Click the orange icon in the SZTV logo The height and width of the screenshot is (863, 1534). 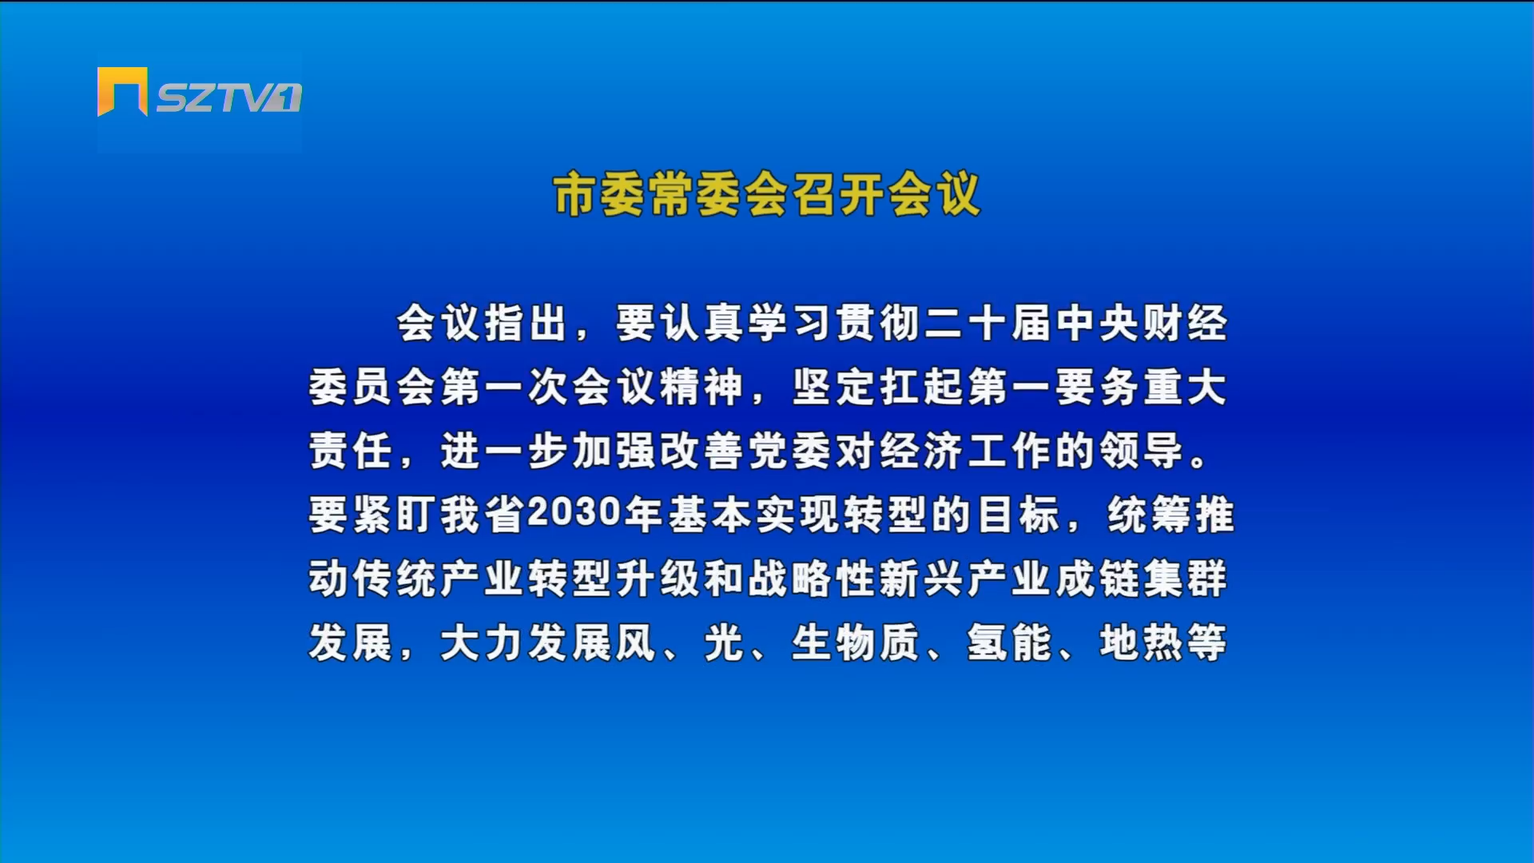122,91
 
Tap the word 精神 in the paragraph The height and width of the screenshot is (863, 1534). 701,387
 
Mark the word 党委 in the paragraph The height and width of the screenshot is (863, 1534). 789,451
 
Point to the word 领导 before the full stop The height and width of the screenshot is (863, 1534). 1141,451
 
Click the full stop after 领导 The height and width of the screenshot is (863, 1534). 1198,462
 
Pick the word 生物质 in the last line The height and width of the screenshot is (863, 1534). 856,642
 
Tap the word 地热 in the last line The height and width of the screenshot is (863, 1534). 1141,642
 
